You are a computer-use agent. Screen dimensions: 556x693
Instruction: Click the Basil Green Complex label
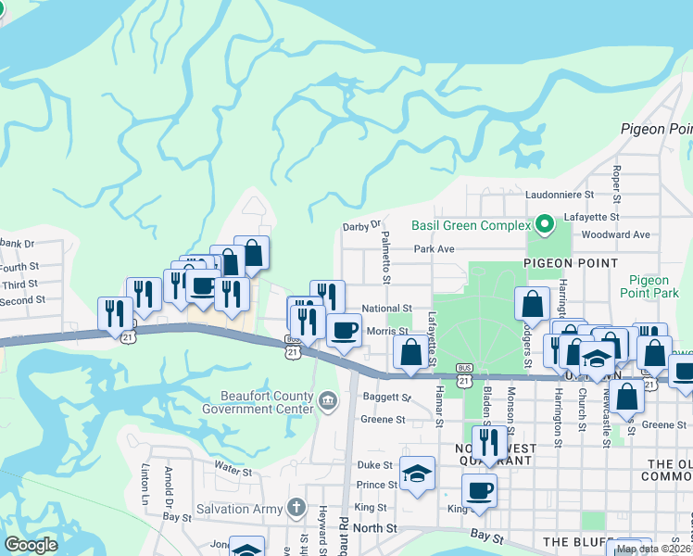[469, 224]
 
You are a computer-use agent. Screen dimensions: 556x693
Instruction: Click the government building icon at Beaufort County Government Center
[327, 400]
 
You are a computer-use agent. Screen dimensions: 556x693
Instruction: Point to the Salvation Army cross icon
[296, 507]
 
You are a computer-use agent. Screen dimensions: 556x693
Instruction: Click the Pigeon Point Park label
[653, 286]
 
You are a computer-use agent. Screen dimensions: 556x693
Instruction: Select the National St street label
[386, 308]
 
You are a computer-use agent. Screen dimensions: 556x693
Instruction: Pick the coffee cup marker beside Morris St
[344, 331]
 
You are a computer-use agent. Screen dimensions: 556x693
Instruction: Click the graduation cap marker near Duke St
[418, 474]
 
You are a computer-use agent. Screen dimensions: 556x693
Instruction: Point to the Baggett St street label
[385, 398]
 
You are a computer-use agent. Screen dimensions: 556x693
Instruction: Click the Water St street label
[233, 471]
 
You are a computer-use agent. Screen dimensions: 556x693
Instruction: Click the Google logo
[31, 545]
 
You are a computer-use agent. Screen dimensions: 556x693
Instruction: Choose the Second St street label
[22, 300]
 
